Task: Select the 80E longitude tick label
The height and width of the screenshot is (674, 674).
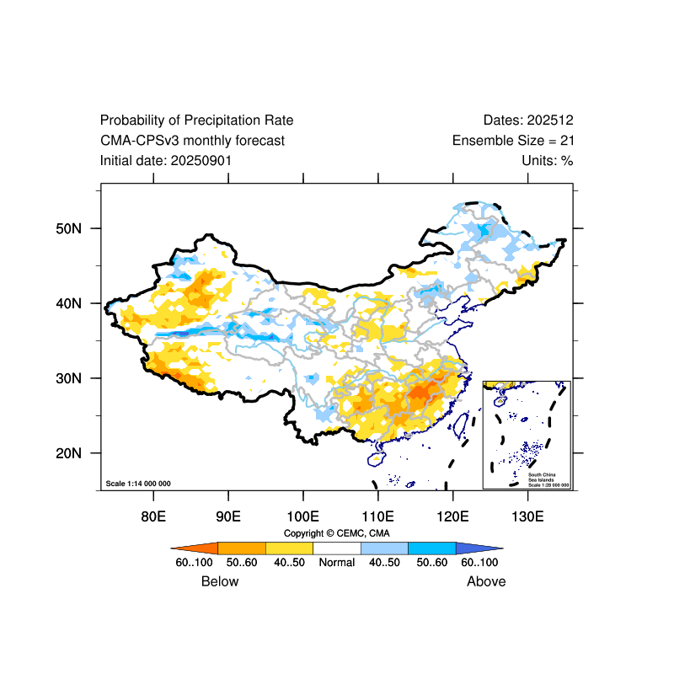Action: coord(153,516)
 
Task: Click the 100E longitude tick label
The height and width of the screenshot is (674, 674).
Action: coord(302,516)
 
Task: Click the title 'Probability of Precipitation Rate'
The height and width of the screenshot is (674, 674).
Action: coord(196,120)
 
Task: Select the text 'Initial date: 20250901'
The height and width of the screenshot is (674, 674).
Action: coord(166,160)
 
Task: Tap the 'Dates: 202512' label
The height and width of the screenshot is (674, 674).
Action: coord(528,120)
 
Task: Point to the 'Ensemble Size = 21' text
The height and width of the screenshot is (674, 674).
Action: coord(513,141)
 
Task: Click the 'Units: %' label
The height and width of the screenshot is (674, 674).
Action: coord(548,160)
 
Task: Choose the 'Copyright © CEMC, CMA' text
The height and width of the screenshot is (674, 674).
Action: coord(337,533)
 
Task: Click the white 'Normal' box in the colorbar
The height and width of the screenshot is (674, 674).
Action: coord(337,548)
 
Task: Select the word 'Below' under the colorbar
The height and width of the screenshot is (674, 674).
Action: coord(220,581)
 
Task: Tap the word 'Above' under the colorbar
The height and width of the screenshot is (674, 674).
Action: coord(486,581)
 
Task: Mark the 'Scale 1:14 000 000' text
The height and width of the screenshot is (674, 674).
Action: coord(138,484)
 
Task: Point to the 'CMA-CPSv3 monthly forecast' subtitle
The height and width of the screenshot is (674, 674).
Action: coord(192,141)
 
